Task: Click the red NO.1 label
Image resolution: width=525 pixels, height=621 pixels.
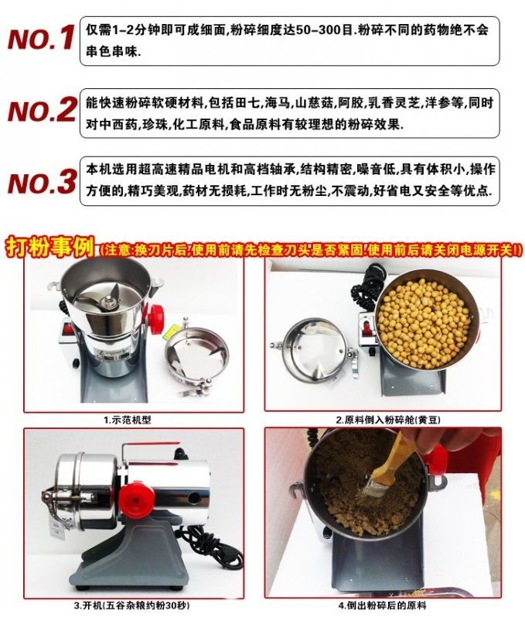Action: coord(41,38)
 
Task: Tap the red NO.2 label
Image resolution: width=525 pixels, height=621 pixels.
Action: coord(42,110)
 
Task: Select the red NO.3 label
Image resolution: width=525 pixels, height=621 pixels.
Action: coord(42,182)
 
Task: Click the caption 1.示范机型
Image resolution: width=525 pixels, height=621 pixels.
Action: coord(128,420)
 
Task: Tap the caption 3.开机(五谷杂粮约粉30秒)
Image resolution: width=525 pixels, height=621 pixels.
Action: coord(131,606)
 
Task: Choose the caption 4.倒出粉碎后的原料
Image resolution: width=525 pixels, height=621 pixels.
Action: coord(382,606)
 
